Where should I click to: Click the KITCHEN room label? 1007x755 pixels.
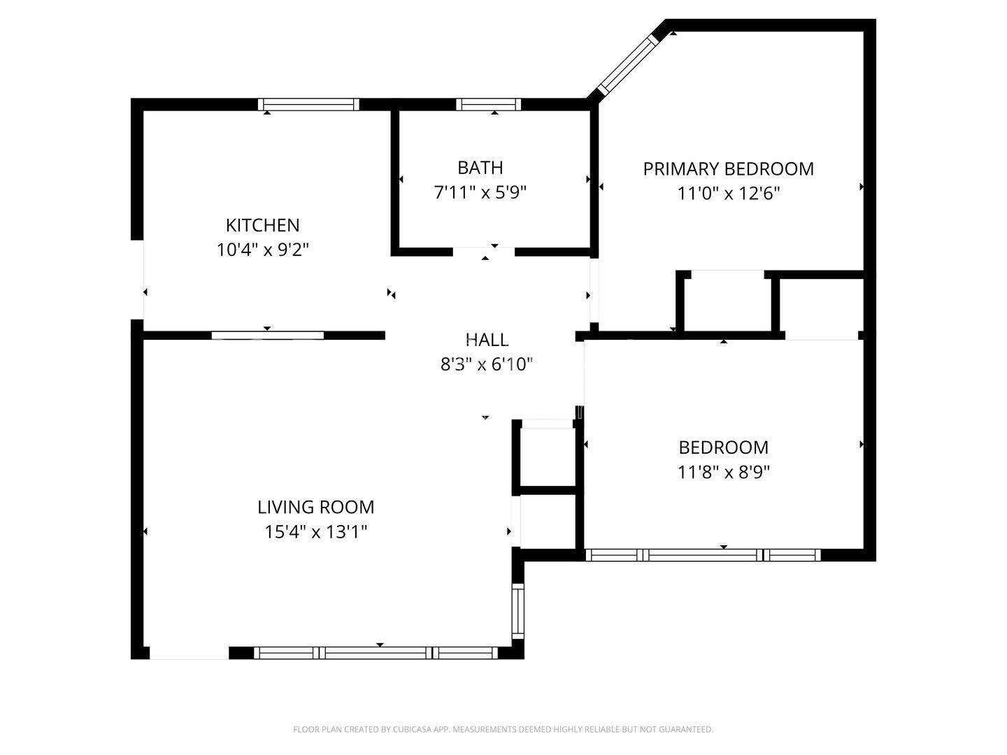262,225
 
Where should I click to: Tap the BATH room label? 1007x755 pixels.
480,168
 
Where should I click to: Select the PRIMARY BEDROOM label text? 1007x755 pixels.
728,169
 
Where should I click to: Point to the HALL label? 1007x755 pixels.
487,340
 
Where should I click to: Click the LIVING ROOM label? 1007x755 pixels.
315,507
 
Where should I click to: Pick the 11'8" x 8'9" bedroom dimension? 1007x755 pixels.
723,472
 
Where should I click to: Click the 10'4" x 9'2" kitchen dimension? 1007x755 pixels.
262,250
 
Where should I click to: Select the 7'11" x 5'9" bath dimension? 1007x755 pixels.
480,192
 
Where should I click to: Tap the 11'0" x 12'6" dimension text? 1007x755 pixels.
728,194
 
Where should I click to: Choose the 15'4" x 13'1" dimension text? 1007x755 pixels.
315,532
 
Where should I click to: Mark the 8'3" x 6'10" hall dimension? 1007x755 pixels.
487,364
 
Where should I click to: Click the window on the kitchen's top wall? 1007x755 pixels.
308,105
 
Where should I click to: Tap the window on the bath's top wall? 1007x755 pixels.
488,105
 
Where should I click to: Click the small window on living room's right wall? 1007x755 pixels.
517,611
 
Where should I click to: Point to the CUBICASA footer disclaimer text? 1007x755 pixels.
503,729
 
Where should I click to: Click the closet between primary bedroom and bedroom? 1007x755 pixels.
727,302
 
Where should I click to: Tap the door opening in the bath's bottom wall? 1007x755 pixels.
484,252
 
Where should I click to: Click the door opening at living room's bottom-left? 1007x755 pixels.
189,653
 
